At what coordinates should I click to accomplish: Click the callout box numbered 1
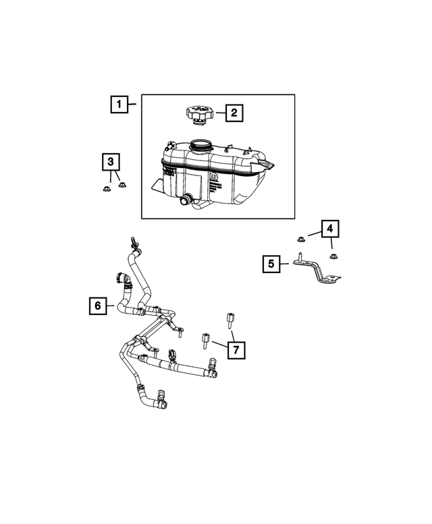tap(119, 105)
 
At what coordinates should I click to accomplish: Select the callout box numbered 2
tap(234, 113)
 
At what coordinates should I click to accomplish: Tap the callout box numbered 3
tap(111, 162)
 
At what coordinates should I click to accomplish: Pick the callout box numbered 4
tap(329, 230)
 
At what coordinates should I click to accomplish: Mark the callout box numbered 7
tap(236, 349)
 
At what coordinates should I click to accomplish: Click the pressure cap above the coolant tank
tap(197, 115)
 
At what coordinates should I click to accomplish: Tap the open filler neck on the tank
tap(200, 144)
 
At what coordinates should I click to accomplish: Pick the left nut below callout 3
tap(106, 189)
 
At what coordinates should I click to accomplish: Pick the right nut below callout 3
tap(122, 186)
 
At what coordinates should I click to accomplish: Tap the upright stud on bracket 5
tap(298, 256)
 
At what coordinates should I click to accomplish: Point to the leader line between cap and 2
tap(217, 113)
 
